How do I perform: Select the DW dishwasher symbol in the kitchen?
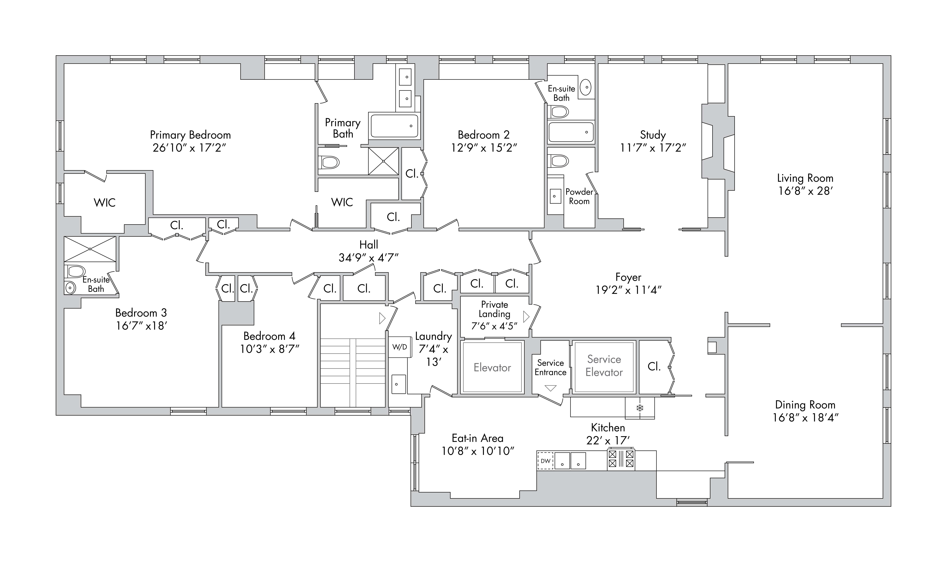point(545,461)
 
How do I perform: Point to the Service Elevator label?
point(604,366)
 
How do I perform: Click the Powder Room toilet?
point(559,161)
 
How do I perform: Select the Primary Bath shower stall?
point(384,161)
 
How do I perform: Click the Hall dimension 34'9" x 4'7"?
point(368,258)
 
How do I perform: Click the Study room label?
point(653,135)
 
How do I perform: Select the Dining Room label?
point(805,405)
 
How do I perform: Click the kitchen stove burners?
point(621,459)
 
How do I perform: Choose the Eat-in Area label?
point(477,438)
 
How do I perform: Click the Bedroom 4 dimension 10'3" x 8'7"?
point(269,349)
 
